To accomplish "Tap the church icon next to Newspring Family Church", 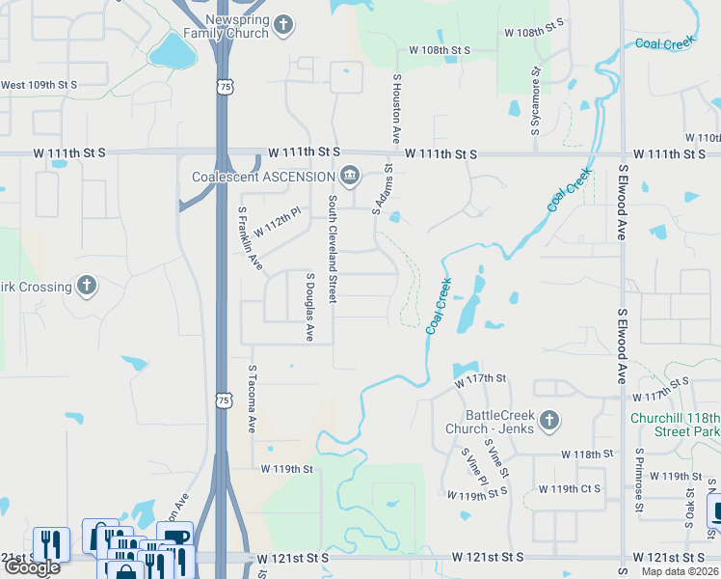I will pyautogui.click(x=283, y=25).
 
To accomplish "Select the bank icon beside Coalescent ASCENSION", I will pyautogui.click(x=349, y=176).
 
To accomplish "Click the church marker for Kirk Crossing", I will pyautogui.click(x=87, y=287).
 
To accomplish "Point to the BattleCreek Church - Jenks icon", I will pyautogui.click(x=548, y=420).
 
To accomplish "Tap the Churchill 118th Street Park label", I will pyautogui.click(x=675, y=425).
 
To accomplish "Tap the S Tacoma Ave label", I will pyautogui.click(x=253, y=399).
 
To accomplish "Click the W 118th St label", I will pyautogui.click(x=588, y=454).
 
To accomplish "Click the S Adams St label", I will pyautogui.click(x=388, y=187).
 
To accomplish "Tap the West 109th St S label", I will pyautogui.click(x=39, y=86).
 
